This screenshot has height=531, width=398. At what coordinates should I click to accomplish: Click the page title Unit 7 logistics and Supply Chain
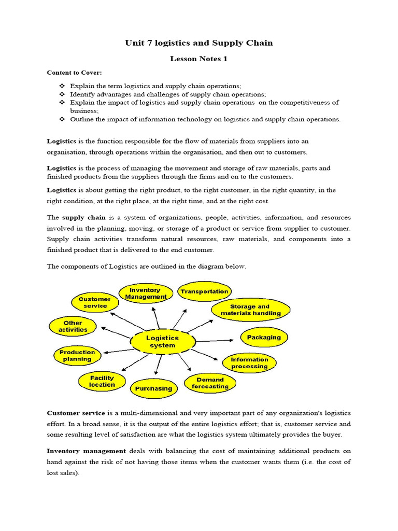(x=198, y=43)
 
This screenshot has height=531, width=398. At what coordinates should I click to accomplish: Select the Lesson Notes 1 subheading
(x=198, y=59)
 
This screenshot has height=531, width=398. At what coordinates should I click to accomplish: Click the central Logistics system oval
(x=162, y=341)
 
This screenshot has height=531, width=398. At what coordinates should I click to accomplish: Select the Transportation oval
(x=204, y=291)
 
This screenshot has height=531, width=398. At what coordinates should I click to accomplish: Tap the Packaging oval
(x=263, y=337)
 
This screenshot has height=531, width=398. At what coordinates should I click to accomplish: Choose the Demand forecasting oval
(x=210, y=383)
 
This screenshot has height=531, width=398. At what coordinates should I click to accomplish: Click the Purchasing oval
(x=153, y=388)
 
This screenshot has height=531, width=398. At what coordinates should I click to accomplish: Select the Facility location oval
(x=102, y=381)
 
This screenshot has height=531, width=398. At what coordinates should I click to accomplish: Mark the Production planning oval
(x=77, y=355)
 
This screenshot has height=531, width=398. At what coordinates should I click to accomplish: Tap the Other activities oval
(x=73, y=326)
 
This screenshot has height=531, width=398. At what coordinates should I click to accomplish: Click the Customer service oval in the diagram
(x=94, y=302)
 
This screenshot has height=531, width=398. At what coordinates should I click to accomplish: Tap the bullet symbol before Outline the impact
(x=61, y=119)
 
